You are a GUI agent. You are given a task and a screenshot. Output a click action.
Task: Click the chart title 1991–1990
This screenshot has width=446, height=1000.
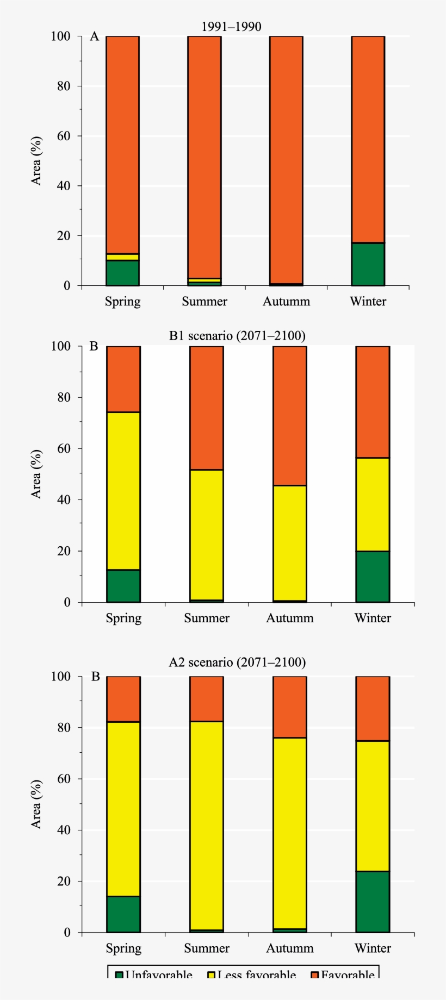[x=232, y=27]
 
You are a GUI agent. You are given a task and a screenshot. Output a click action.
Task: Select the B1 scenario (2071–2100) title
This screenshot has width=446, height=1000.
[x=237, y=336]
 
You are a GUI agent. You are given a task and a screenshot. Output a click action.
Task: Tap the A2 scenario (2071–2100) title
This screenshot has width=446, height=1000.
[x=237, y=662]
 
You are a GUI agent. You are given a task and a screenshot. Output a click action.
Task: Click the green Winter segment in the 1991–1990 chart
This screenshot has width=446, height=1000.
[x=368, y=264]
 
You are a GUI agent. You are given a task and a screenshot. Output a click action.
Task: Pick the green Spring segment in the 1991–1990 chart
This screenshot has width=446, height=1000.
[x=122, y=273]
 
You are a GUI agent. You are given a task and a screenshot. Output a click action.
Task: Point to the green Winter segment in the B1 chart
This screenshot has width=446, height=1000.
[x=373, y=576]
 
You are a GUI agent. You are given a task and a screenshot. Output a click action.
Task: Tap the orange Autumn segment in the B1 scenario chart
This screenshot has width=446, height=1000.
[x=290, y=416]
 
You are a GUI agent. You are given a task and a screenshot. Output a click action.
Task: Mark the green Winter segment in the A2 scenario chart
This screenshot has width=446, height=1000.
[x=373, y=902]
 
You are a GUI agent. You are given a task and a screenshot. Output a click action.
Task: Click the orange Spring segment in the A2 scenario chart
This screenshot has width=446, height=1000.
[x=123, y=699]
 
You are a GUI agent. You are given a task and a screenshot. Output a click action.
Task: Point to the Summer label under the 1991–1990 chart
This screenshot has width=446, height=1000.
[x=205, y=302]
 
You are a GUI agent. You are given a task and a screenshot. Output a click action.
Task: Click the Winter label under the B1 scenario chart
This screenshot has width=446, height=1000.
[x=373, y=618]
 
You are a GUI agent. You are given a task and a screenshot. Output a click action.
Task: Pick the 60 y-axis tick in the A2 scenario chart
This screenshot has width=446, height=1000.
[x=64, y=778]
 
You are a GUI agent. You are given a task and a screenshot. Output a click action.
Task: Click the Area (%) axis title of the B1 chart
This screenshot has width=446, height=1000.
[x=36, y=474]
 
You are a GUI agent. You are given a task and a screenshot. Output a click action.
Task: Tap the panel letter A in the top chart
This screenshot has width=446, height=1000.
[x=95, y=37]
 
